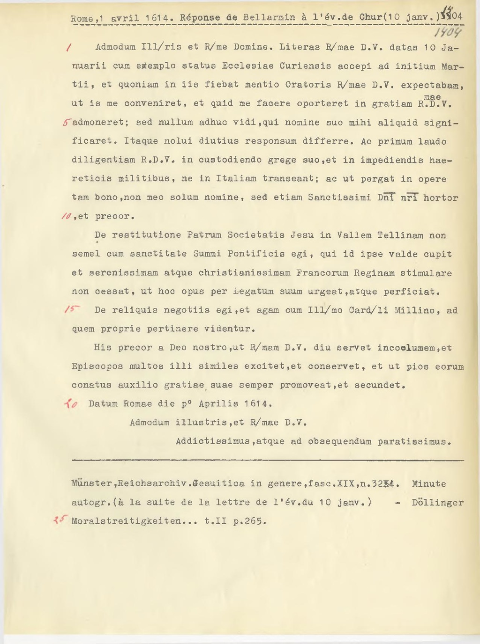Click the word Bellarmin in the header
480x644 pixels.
click(270, 18)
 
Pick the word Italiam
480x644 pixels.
click(236, 179)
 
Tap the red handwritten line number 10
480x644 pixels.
click(66, 216)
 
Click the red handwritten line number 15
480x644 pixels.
click(72, 310)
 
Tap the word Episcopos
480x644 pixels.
click(97, 366)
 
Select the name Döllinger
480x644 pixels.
click(437, 503)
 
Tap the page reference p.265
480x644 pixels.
click(249, 521)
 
